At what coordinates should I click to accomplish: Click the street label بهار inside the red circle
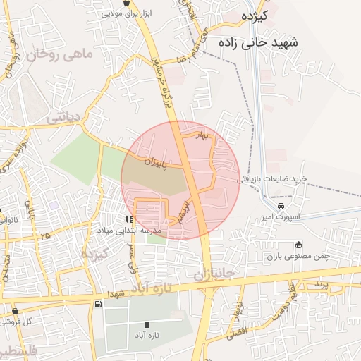point(203,135)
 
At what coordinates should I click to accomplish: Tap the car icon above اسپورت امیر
point(281,206)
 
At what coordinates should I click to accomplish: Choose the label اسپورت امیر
point(281,217)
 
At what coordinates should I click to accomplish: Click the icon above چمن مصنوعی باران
point(299,245)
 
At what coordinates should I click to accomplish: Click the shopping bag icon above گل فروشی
point(16,311)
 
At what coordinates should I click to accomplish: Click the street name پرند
point(319,283)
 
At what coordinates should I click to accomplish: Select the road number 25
point(46,235)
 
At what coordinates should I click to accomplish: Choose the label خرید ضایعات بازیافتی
point(271,179)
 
